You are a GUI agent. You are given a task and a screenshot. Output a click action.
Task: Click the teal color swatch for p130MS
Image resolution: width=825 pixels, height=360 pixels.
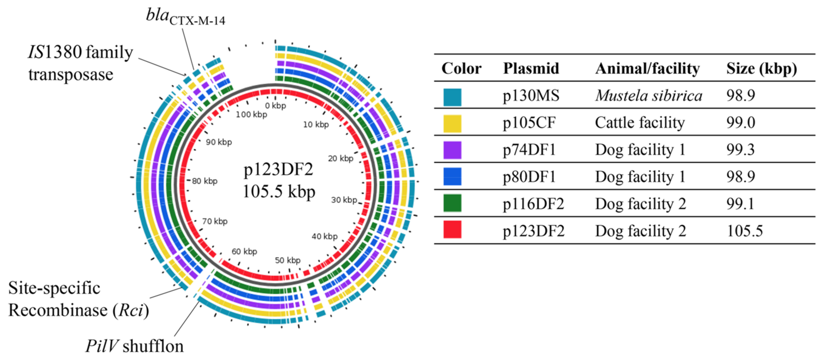point(452,97)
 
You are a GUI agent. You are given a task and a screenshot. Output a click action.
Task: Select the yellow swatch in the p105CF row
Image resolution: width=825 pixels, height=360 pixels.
point(452,124)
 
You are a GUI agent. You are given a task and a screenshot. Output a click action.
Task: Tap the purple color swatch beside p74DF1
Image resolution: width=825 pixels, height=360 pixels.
point(452,150)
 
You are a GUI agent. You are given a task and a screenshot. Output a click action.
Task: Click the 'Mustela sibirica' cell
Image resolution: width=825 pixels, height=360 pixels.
point(649,96)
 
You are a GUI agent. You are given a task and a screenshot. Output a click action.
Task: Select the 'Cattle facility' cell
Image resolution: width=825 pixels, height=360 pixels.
point(640,123)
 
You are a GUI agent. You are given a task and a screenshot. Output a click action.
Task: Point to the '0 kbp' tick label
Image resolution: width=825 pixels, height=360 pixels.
point(275,106)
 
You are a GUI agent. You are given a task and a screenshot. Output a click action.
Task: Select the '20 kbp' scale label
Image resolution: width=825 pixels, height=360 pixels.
point(340,158)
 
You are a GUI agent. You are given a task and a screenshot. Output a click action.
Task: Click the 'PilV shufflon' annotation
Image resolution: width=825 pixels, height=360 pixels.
point(134,346)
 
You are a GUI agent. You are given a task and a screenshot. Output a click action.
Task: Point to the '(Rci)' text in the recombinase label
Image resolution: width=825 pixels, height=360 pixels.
point(131,310)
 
